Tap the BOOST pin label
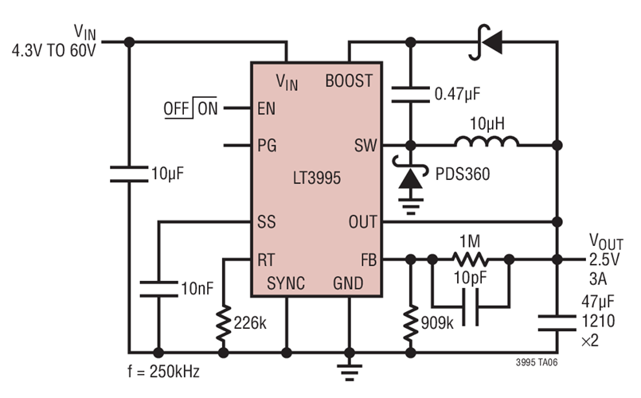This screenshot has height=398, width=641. click(x=349, y=80)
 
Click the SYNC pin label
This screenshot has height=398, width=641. click(x=286, y=283)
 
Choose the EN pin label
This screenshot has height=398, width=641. click(x=264, y=109)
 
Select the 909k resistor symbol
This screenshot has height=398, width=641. click(x=411, y=318)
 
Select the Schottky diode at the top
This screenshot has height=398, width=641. click(x=485, y=41)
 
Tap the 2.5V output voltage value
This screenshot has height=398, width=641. click(x=604, y=259)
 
